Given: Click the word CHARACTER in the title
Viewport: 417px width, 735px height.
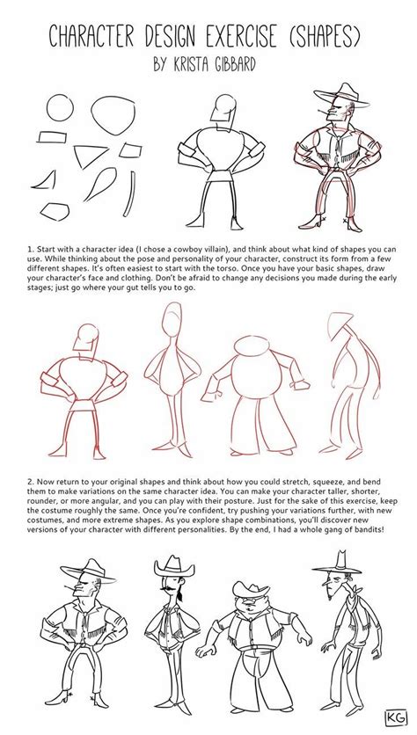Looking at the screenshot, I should pyautogui.click(x=96, y=36).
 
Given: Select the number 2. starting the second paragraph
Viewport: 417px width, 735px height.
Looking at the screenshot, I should pyautogui.click(x=31, y=480).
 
